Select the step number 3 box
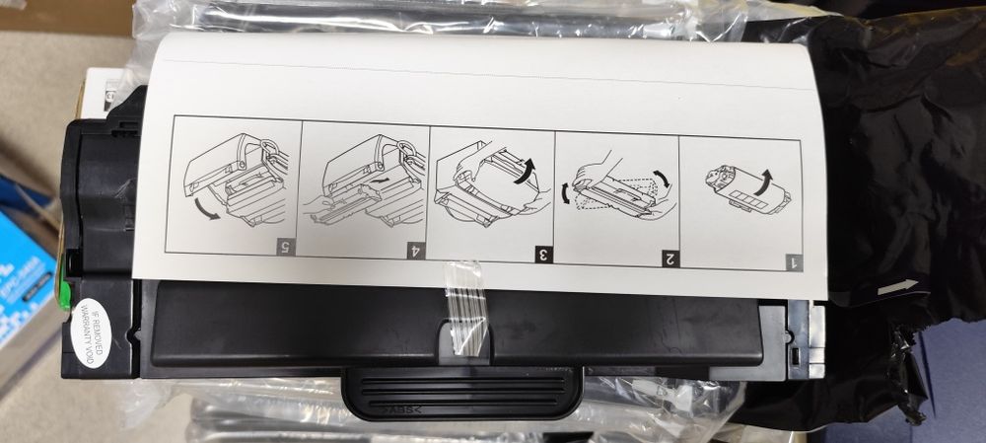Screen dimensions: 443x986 pos(541,255)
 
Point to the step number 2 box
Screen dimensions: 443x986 pos(669,259)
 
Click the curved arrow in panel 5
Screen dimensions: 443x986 pos(206,208)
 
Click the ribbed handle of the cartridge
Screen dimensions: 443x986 pos(461,395)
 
